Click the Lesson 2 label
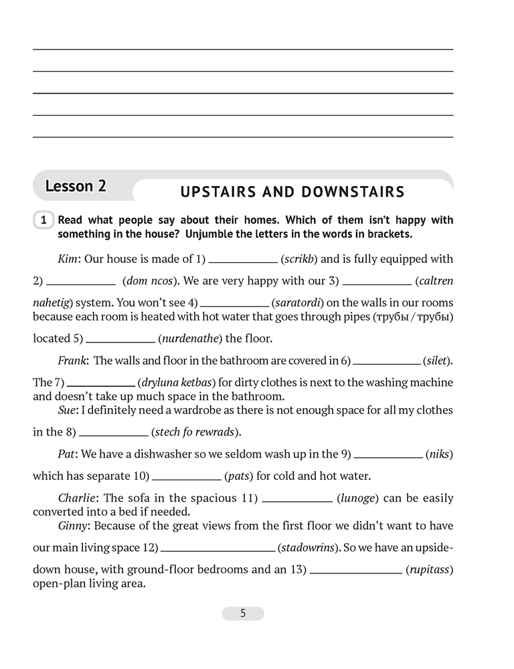76,186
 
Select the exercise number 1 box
43,220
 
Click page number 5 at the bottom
243,613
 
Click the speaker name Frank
72,361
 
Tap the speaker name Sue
68,409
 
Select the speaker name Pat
67,454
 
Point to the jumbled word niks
439,454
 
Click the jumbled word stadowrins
309,548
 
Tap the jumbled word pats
238,476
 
